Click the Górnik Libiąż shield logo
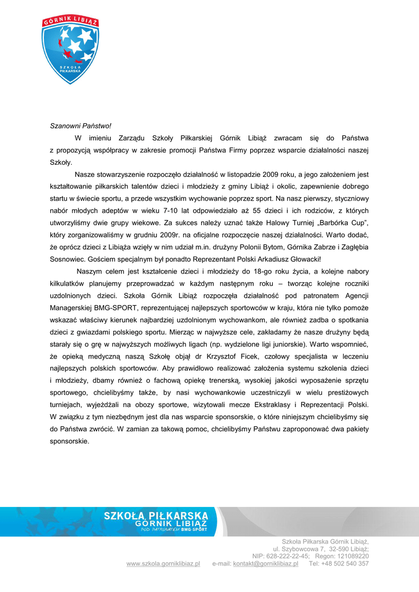click(71, 50)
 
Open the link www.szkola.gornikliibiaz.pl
click(163, 564)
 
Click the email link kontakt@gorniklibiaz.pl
click(265, 564)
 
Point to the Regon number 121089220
click(349, 556)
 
